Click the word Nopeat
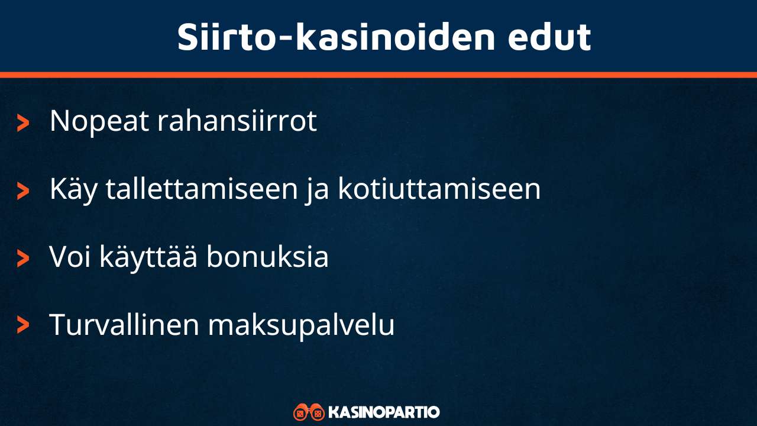click(99, 121)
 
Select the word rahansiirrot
click(237, 121)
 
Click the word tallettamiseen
click(201, 190)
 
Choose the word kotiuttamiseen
click(439, 190)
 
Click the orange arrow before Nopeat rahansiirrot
click(23, 123)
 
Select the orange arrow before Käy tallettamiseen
click(23, 191)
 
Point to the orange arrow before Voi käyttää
click(23, 259)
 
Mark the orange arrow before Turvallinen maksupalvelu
click(23, 325)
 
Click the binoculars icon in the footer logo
click(309, 412)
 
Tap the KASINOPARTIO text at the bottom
click(384, 412)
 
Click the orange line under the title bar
click(378, 75)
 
